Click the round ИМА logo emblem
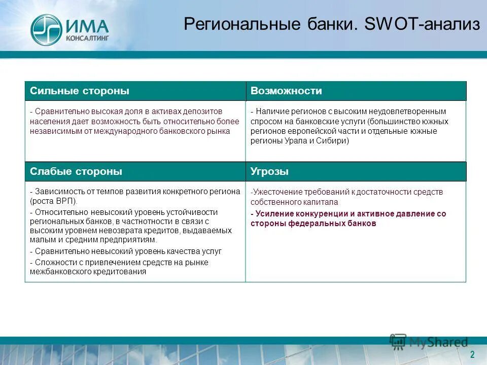[46, 29]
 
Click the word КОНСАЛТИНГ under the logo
[87, 38]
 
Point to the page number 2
[472, 354]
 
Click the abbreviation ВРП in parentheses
[65, 201]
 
